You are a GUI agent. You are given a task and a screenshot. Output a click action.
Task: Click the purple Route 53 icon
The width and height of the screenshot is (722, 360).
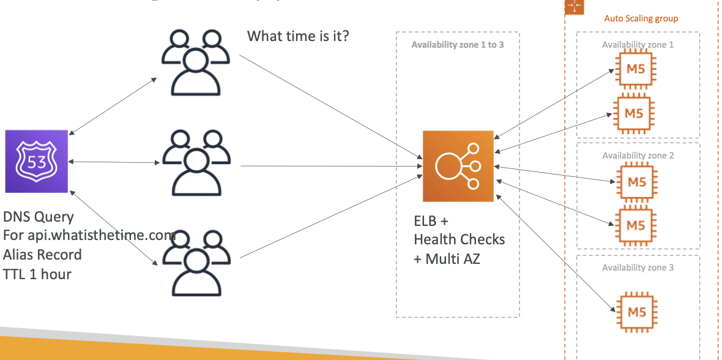coord(36,161)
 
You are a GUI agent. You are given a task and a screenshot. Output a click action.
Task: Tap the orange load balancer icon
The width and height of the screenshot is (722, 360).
coord(458,165)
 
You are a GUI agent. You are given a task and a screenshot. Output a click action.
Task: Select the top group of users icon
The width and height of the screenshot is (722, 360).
coord(195,61)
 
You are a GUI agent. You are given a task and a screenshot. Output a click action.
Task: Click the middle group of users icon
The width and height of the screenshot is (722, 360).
coord(195,163)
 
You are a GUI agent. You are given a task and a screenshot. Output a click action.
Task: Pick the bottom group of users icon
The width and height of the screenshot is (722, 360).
coord(195,263)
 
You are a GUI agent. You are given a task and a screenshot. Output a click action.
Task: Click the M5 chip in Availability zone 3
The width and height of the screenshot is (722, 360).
coord(636,312)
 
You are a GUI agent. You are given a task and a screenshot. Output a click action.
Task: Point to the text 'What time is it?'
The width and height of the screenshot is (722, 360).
coord(298,36)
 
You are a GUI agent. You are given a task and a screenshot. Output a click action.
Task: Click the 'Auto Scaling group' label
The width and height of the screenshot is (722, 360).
coord(641,18)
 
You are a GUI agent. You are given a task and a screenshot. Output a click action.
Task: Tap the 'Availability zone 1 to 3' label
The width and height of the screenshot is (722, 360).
coord(458,45)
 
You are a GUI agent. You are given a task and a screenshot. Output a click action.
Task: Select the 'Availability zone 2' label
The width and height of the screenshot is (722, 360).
coord(638,156)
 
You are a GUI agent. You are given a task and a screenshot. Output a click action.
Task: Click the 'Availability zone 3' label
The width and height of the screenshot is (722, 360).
coord(638,268)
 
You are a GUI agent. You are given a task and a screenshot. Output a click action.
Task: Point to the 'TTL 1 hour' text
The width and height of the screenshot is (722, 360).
coord(37,274)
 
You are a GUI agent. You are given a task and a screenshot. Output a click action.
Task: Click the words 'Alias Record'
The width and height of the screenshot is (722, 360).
coord(42,255)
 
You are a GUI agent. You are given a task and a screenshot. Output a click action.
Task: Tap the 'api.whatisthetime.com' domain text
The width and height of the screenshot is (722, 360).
coord(108,236)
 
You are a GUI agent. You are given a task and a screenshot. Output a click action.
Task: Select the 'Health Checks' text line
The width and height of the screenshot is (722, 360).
coord(459,239)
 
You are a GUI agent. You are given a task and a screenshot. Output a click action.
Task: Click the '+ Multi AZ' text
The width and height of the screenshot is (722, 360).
coord(447,258)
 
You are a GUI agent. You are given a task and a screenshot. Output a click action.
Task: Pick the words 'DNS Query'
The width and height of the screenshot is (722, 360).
coord(39,217)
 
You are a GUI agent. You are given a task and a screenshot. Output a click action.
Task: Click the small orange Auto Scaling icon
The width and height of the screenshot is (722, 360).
coord(575,6)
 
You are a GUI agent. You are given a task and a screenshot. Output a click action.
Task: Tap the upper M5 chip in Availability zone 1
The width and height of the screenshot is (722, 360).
coord(636,69)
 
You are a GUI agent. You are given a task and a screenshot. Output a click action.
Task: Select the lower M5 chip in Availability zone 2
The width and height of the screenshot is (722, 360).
coord(636,225)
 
